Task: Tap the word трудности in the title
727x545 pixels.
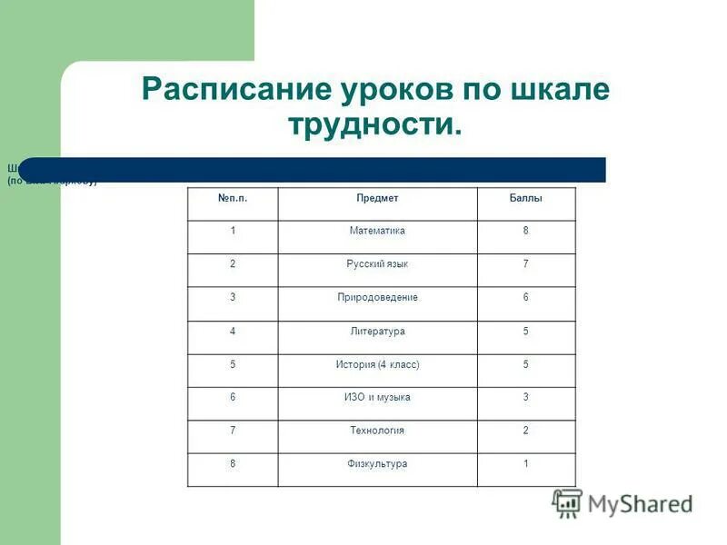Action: (x=374, y=124)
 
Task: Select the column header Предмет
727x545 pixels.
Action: (x=377, y=198)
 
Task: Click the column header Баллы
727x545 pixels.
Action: (x=525, y=198)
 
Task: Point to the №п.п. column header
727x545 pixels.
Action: (x=233, y=198)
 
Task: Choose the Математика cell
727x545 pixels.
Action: (x=377, y=231)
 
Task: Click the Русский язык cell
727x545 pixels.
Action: (x=377, y=264)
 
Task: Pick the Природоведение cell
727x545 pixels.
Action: (x=377, y=298)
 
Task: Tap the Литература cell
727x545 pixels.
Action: (x=377, y=332)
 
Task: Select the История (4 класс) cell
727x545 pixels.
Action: (x=377, y=364)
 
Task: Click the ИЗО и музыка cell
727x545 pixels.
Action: (x=377, y=398)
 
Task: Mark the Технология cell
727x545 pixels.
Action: (x=377, y=431)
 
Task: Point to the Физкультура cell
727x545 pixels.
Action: (x=377, y=464)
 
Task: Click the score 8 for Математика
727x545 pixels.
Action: (x=525, y=231)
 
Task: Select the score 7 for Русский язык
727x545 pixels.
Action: (x=525, y=264)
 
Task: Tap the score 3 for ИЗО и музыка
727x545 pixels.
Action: (x=525, y=398)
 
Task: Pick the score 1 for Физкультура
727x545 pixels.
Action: (x=525, y=464)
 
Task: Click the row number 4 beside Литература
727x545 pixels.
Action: (x=233, y=332)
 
